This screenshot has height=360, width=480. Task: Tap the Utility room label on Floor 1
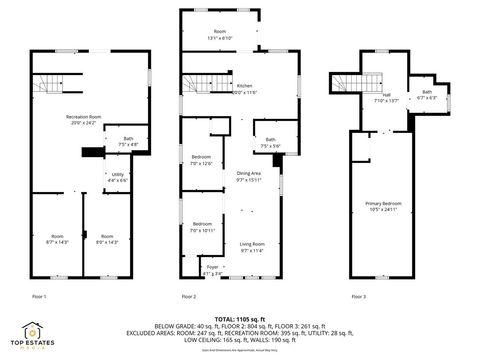(x=117, y=177)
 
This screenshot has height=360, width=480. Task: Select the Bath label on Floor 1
(x=127, y=141)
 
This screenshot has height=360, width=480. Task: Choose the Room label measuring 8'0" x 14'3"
(x=106, y=239)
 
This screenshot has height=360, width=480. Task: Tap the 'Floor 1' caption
(x=39, y=297)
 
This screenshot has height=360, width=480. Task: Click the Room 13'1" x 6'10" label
(x=219, y=35)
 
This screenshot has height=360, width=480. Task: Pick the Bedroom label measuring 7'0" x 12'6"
(x=201, y=160)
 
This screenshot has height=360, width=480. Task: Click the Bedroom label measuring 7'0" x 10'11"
(x=201, y=226)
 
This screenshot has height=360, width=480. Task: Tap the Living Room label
(x=251, y=247)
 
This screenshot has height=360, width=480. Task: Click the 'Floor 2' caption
(x=188, y=297)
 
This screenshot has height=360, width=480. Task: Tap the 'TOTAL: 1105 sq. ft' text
(x=241, y=317)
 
